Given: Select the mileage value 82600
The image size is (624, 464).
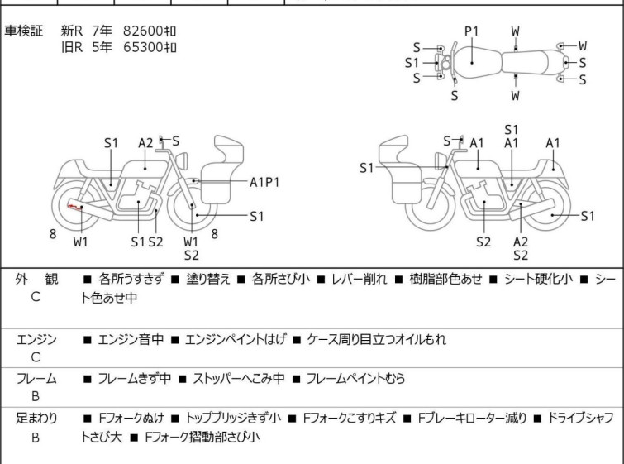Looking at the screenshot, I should [143, 31].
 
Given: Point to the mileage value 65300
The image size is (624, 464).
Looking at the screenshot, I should [143, 47].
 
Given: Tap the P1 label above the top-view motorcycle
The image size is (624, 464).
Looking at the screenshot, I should [471, 31].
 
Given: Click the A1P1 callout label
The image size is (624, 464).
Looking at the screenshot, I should [264, 181].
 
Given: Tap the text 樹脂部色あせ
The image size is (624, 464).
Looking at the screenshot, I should [447, 280].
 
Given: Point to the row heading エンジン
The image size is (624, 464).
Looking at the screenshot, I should [36, 340].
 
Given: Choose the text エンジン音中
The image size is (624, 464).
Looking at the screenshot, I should [131, 340].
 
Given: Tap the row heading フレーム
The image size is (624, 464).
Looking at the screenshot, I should [36, 379].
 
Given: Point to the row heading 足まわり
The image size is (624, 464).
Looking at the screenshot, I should [36, 418].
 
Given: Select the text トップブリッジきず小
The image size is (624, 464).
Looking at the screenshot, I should [234, 418].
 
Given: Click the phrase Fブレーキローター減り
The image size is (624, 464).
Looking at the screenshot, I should [472, 418].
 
